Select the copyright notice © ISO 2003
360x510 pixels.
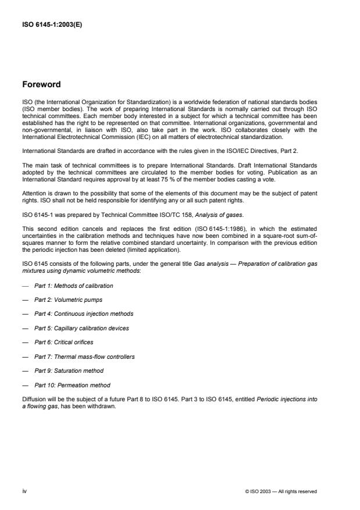tap(281, 491)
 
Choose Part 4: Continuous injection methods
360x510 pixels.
tap(84, 314)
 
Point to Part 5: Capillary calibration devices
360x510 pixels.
tap(81, 328)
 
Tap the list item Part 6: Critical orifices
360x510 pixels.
tap(63, 343)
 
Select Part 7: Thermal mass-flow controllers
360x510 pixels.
tap(84, 356)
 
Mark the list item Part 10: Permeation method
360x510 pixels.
tap(72, 385)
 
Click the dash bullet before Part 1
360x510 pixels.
tap(26, 286)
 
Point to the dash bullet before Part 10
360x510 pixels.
tap(26, 385)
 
